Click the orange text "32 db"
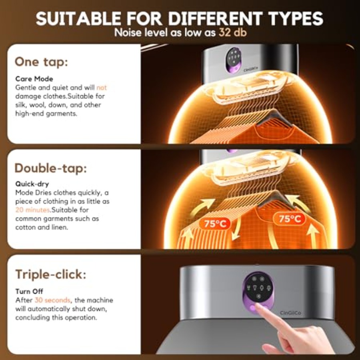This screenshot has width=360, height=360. point(232,32)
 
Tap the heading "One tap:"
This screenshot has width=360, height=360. point(41,62)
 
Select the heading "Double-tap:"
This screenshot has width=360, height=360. point(51,168)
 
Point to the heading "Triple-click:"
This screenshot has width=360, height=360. point(51,274)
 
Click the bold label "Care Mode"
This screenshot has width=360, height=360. point(34,79)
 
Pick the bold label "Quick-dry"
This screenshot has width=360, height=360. point(32,184)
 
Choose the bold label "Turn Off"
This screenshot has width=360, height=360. point(29,291)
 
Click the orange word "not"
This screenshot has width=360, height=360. point(102,88)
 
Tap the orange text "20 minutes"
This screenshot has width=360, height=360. point(33,210)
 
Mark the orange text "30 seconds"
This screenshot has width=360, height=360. point(52,300)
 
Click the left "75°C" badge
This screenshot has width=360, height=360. point(214,223)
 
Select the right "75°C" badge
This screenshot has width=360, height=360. point(290,219)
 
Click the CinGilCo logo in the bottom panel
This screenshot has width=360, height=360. point(290,313)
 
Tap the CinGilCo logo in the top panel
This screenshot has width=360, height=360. point(251,69)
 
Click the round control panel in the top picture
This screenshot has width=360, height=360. point(233,60)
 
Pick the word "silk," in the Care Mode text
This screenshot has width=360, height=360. point(21,105)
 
